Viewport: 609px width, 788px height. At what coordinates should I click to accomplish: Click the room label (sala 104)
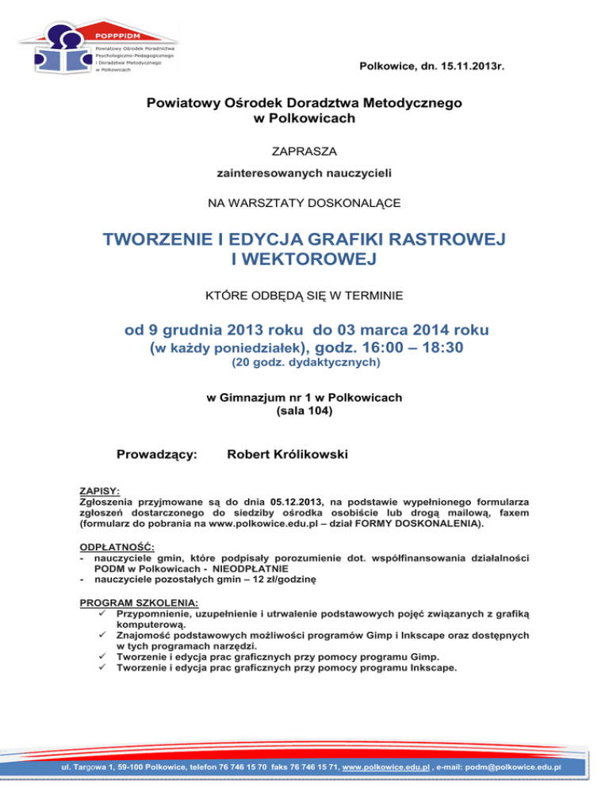pyautogui.click(x=304, y=411)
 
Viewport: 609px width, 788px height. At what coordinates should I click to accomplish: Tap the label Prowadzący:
pyautogui.click(x=157, y=454)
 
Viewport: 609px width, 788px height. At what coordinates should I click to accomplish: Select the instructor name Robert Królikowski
pyautogui.click(x=288, y=454)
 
